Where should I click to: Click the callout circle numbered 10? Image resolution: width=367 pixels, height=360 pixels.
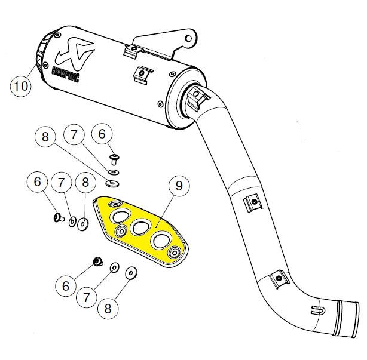click(x=21, y=86)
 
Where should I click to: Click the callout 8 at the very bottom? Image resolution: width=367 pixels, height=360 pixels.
click(x=108, y=308)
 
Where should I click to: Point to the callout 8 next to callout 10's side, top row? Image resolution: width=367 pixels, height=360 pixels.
click(x=44, y=136)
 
